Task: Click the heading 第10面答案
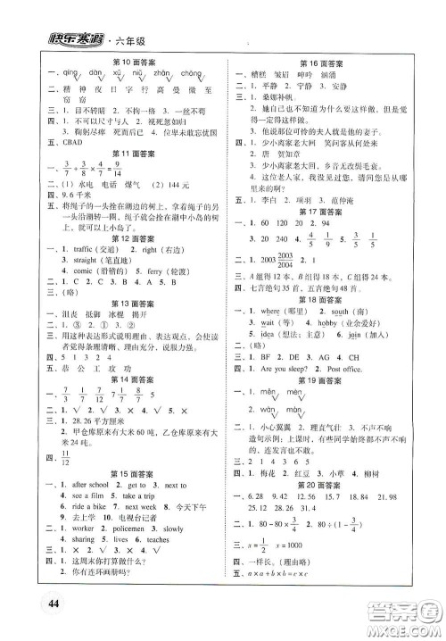pyautogui.click(x=127, y=61)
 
